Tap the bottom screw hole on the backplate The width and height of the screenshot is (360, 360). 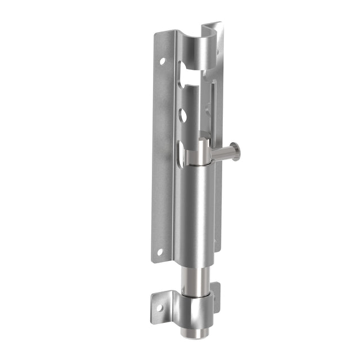160,252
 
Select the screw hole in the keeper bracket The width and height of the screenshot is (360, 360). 159,308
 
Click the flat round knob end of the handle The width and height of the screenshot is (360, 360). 237,151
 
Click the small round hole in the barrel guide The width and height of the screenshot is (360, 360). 183,115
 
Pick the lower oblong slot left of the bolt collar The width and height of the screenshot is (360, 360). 180,154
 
